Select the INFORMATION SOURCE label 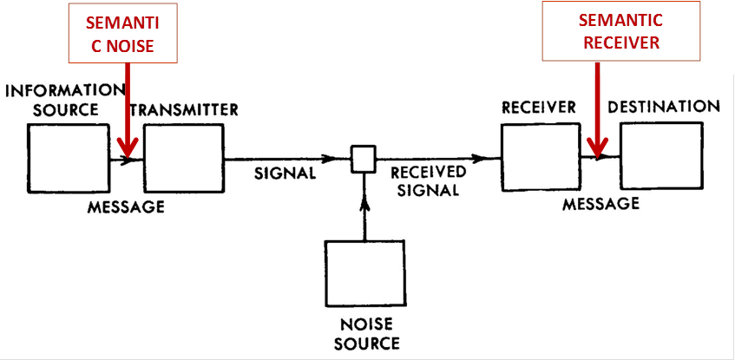click(x=65, y=100)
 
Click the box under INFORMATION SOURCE click(x=69, y=160)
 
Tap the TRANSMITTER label click(x=183, y=110)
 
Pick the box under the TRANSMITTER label click(x=183, y=160)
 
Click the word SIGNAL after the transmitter click(x=285, y=173)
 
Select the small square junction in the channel click(x=362, y=159)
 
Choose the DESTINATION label click(x=664, y=107)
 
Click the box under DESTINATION click(x=660, y=157)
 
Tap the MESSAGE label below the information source click(x=126, y=207)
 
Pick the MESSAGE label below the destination click(x=600, y=204)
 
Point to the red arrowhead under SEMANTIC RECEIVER click(x=598, y=152)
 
